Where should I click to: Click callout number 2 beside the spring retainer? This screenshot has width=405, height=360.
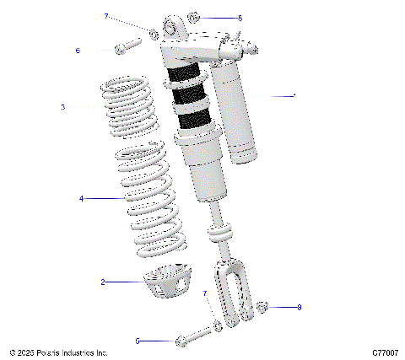[x=103, y=282]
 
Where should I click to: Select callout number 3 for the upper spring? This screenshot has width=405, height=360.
[x=62, y=107]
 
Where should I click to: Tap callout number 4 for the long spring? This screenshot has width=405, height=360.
[x=81, y=199]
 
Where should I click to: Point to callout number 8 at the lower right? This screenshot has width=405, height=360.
[x=299, y=308]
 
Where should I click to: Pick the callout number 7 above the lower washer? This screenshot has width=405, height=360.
[x=204, y=293]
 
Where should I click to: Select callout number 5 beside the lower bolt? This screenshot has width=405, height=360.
[x=138, y=341]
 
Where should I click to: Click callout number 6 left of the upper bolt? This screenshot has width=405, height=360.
[x=78, y=51]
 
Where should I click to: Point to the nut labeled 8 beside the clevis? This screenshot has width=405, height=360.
[x=262, y=307]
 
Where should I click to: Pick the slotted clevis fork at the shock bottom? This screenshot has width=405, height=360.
[x=233, y=295]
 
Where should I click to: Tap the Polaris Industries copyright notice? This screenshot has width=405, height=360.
[x=58, y=352]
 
